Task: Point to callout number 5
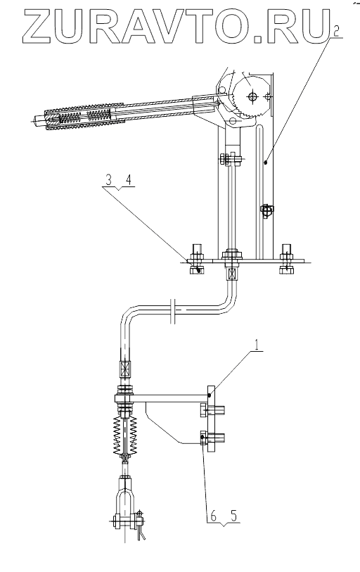tap(233, 516)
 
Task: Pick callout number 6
tap(213, 516)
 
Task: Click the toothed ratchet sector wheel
tap(251, 96)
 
